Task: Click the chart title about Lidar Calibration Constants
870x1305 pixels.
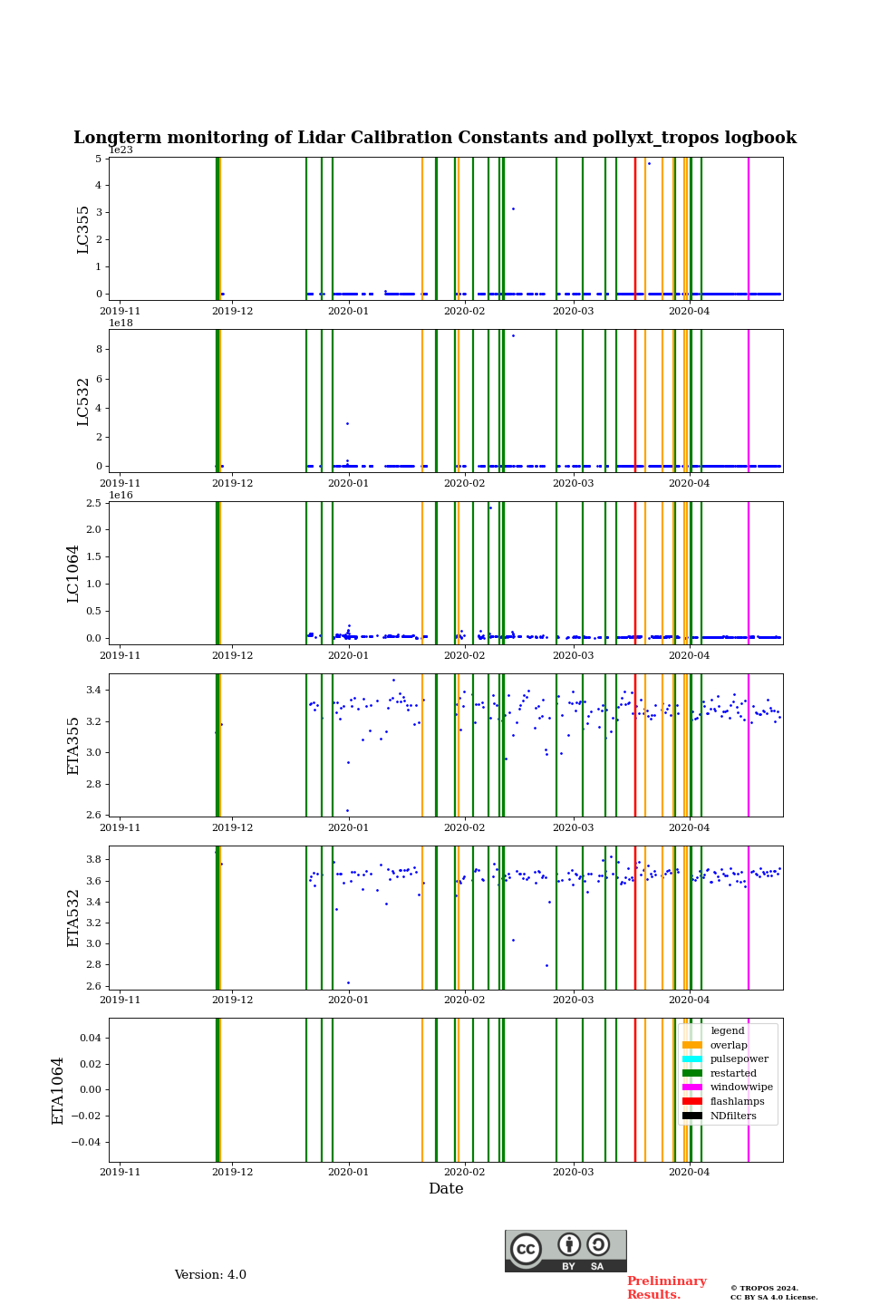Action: click(x=435, y=138)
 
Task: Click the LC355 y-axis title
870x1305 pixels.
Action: click(x=83, y=229)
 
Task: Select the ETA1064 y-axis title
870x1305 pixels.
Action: click(x=58, y=1090)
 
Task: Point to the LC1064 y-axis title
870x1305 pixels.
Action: click(x=73, y=574)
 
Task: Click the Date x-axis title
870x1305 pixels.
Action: click(x=446, y=1189)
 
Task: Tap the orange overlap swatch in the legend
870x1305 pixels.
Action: click(x=692, y=1045)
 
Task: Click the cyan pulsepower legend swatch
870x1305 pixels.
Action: click(x=692, y=1059)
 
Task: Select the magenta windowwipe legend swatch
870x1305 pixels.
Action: click(x=692, y=1087)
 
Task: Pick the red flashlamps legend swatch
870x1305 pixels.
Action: click(x=692, y=1102)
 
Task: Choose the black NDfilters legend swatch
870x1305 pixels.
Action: click(x=692, y=1116)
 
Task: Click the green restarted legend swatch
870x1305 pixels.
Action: click(x=692, y=1073)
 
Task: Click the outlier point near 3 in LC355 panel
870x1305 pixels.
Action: click(x=513, y=208)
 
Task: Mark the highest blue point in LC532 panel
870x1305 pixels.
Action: click(x=513, y=335)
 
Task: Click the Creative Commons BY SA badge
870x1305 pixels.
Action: click(x=565, y=1251)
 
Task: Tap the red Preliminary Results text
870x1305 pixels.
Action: click(x=666, y=1288)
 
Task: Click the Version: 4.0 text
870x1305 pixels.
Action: click(x=210, y=1275)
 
